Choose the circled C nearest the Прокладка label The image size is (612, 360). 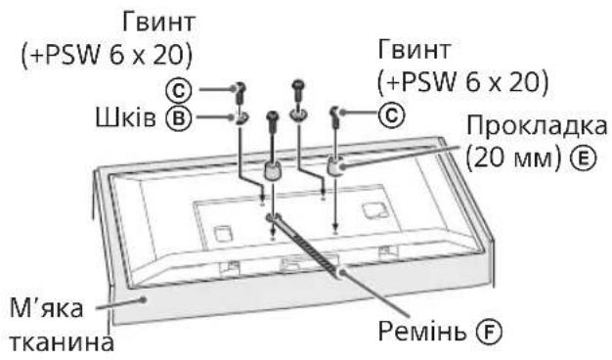[390, 115]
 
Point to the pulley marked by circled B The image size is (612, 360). [238, 121]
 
